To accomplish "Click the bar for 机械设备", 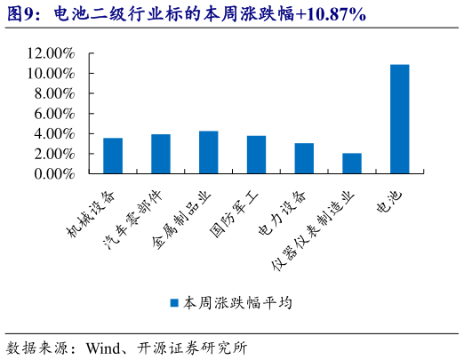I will (x=113, y=156).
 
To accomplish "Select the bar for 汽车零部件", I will (x=161, y=154).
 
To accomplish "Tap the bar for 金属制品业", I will (x=209, y=152).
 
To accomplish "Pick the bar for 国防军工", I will (x=256, y=155).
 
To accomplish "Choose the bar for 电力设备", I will (x=304, y=158).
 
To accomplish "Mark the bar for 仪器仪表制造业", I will (x=352, y=164).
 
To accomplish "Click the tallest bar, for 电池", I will (x=400, y=119).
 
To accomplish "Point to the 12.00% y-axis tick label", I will (x=51, y=53).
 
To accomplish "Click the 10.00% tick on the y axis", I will (x=51, y=74).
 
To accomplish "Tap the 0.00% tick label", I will (x=54, y=174).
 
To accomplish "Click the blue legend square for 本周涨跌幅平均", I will (x=175, y=302).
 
